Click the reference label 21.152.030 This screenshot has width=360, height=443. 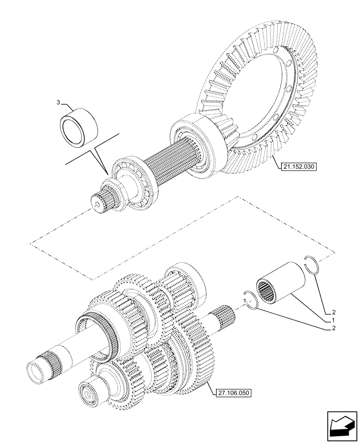click(x=299, y=167)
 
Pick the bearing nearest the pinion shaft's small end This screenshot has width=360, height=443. click(x=133, y=179)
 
